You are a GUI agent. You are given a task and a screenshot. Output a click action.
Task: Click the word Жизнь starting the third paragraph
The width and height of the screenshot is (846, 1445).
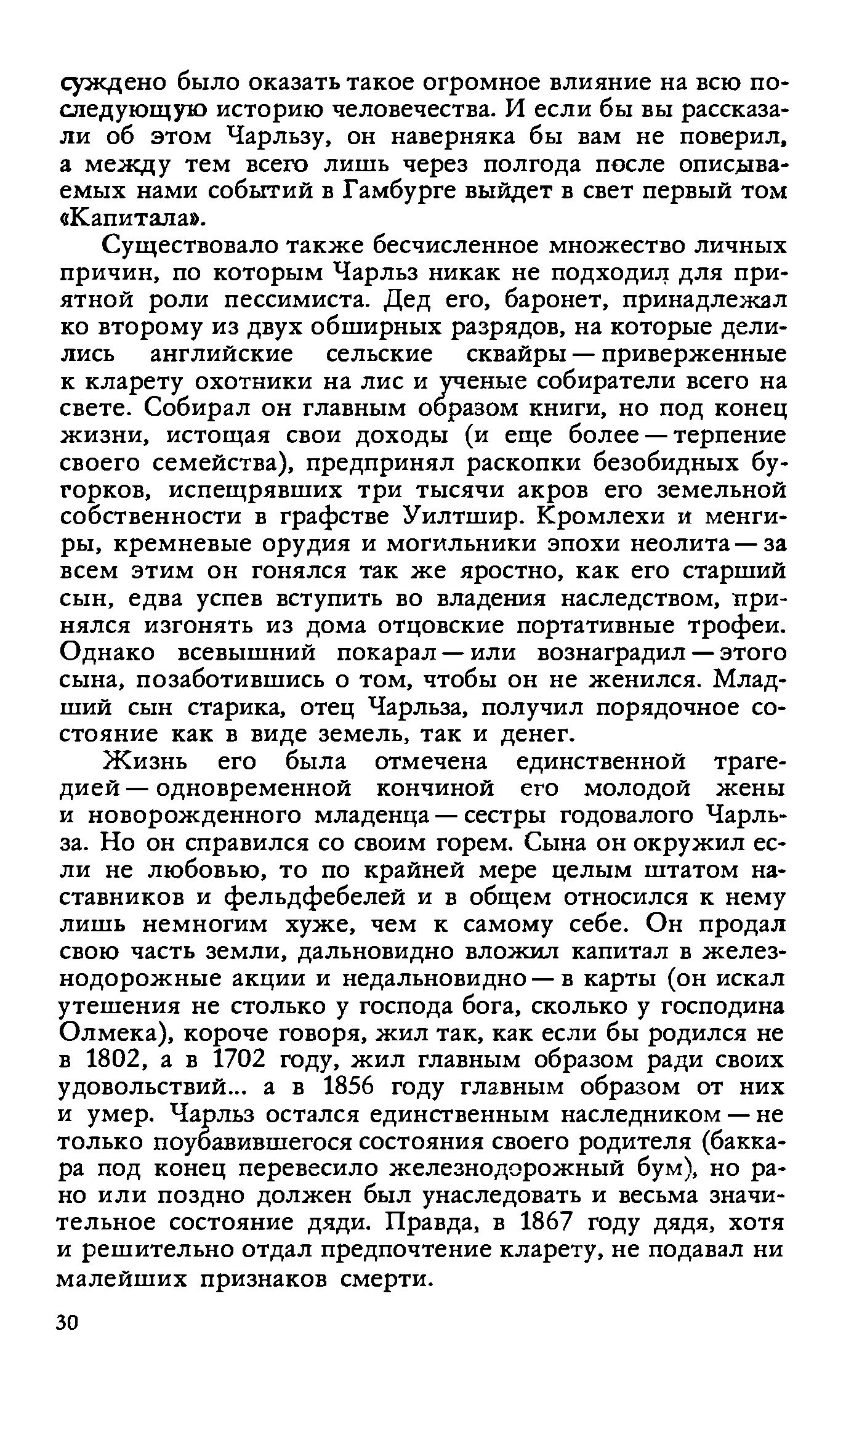click(145, 761)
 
